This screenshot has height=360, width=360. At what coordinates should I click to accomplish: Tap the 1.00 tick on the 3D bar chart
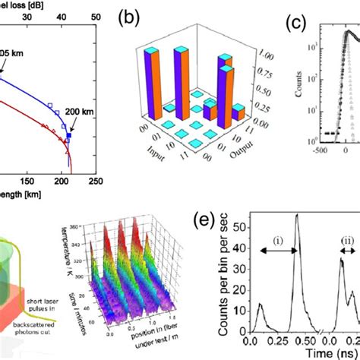tap(265, 55)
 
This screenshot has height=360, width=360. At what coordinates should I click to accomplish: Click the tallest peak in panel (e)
tap(298, 221)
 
